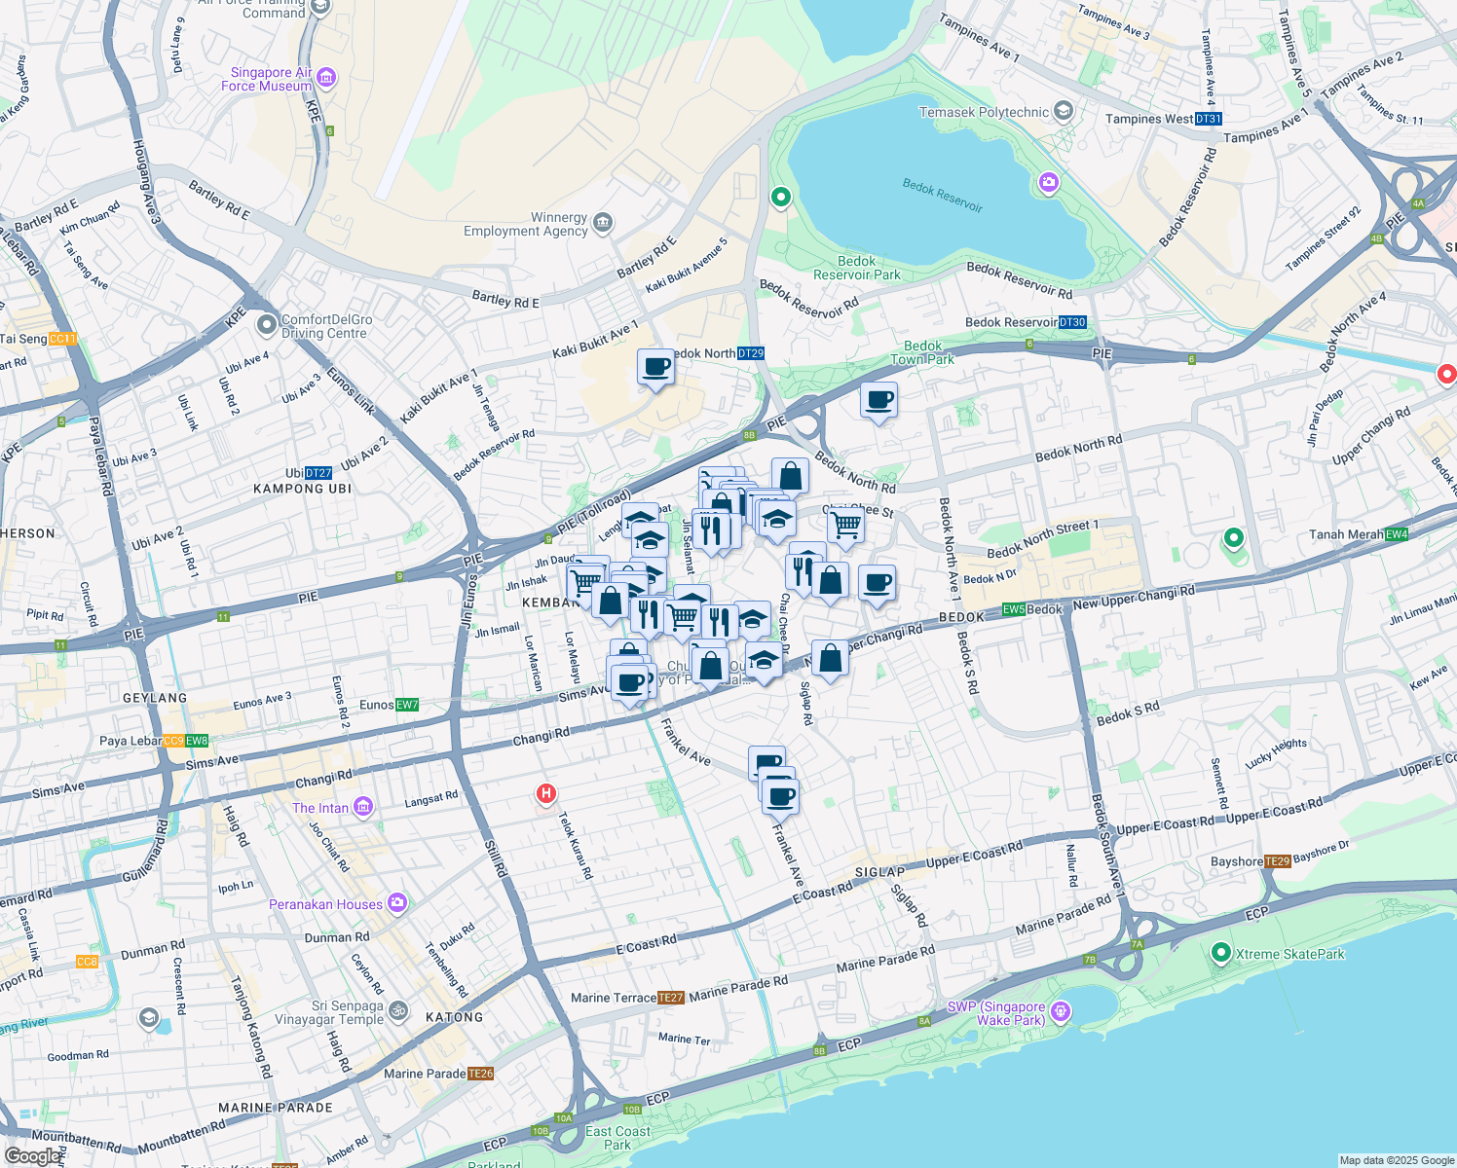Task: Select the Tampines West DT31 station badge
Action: (1208, 119)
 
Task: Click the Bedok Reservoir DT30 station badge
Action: (1071, 322)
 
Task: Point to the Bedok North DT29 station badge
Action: (750, 353)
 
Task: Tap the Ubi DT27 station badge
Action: (318, 473)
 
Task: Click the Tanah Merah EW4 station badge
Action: (1396, 534)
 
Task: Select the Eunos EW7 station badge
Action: (406, 705)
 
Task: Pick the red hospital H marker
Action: (546, 794)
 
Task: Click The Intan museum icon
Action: (363, 807)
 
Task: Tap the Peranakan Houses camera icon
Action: (396, 903)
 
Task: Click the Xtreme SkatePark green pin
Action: (1221, 953)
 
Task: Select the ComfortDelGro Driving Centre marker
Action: (266, 324)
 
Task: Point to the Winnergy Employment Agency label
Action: (526, 224)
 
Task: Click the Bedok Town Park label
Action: (922, 352)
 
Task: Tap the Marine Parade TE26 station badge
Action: (480, 1074)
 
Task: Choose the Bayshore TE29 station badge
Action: (1277, 861)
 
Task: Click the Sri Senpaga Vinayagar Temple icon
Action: (397, 1011)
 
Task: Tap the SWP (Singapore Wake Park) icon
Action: (1061, 1012)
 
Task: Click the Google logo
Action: (31, 1156)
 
